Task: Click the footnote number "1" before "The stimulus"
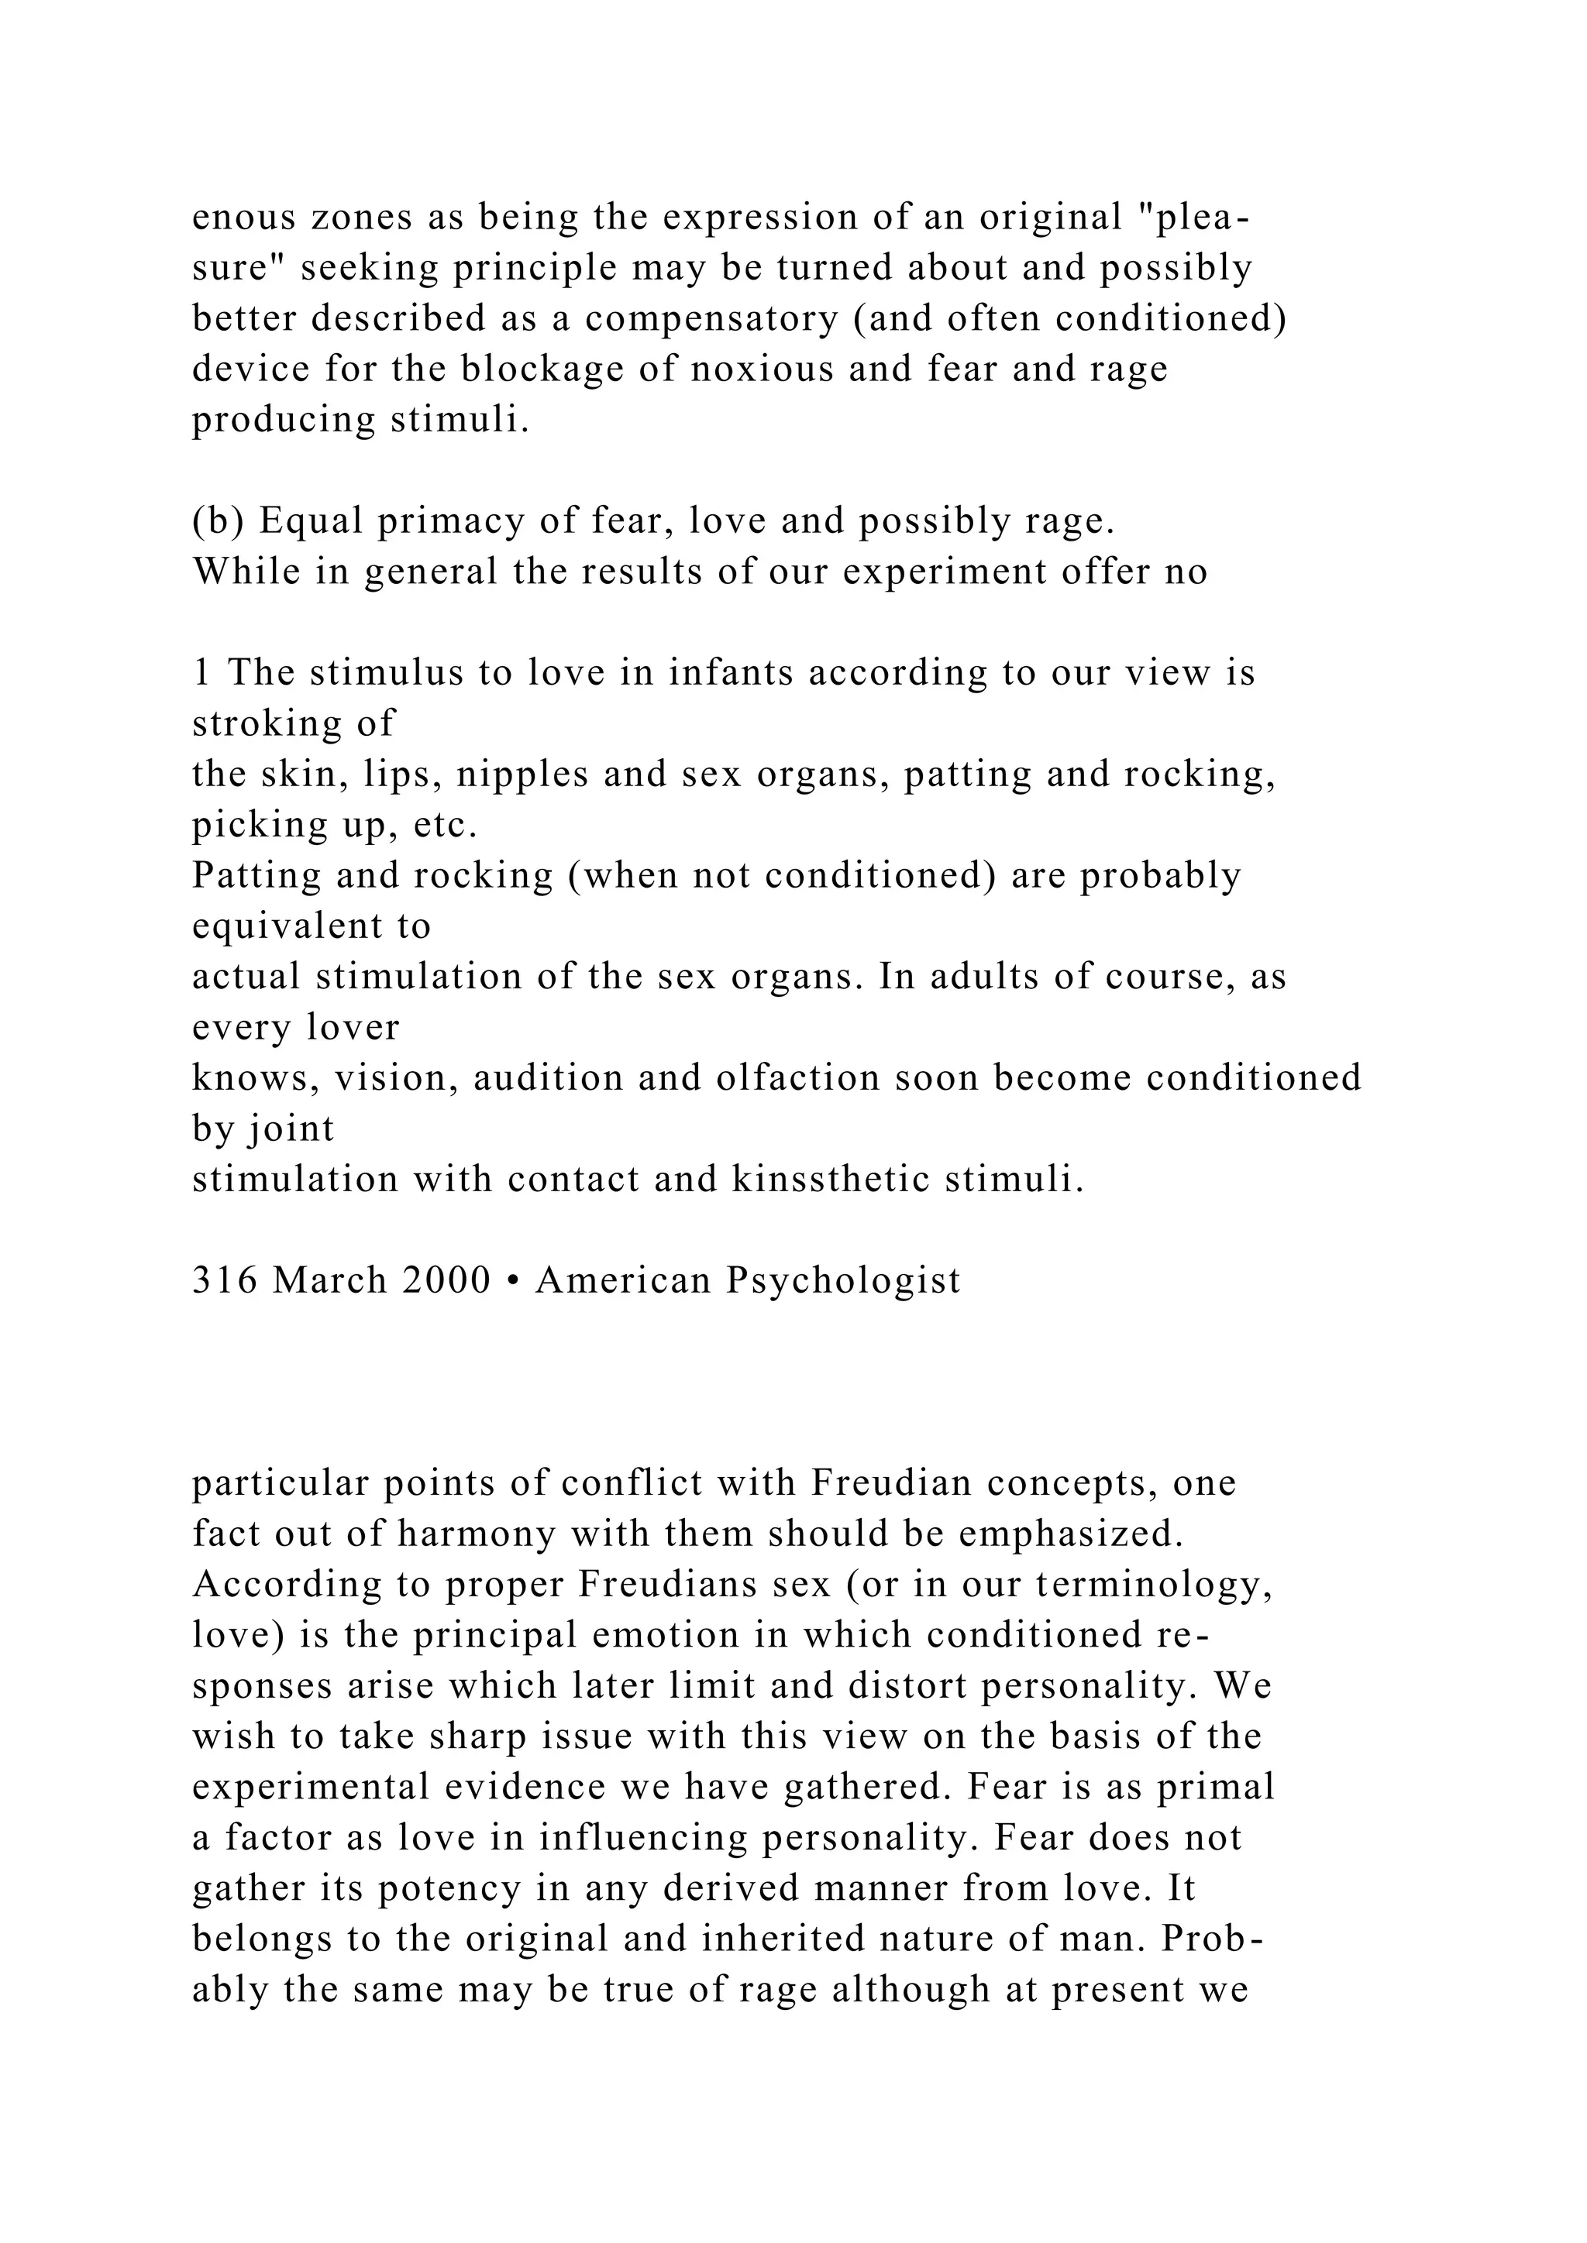tap(201, 674)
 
